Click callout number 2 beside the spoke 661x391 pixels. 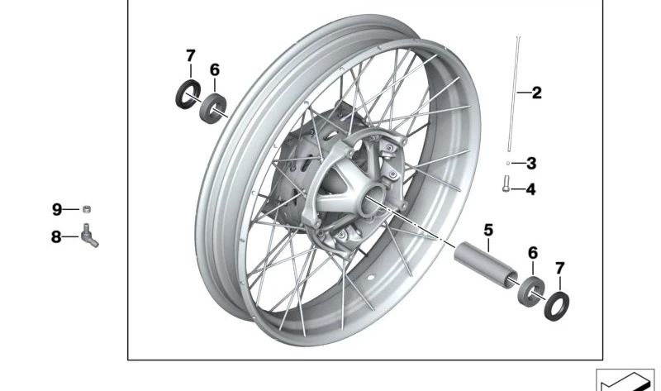point(536,93)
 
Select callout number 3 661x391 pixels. point(531,163)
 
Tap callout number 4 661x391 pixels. point(530,189)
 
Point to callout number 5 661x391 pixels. point(488,231)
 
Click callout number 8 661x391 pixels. point(56,237)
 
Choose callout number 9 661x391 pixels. point(57,209)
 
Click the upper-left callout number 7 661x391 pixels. point(191,55)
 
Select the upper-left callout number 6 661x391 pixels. point(215,69)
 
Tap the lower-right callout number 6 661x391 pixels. point(533,253)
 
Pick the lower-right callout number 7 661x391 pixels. point(559,268)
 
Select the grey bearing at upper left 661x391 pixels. point(212,109)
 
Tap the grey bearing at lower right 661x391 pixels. point(530,292)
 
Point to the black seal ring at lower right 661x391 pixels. point(556,306)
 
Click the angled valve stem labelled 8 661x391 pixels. point(90,236)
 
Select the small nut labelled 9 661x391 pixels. point(86,209)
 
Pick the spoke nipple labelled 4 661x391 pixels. point(506,184)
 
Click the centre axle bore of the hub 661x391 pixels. point(373,198)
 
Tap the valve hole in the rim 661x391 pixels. point(371,278)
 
